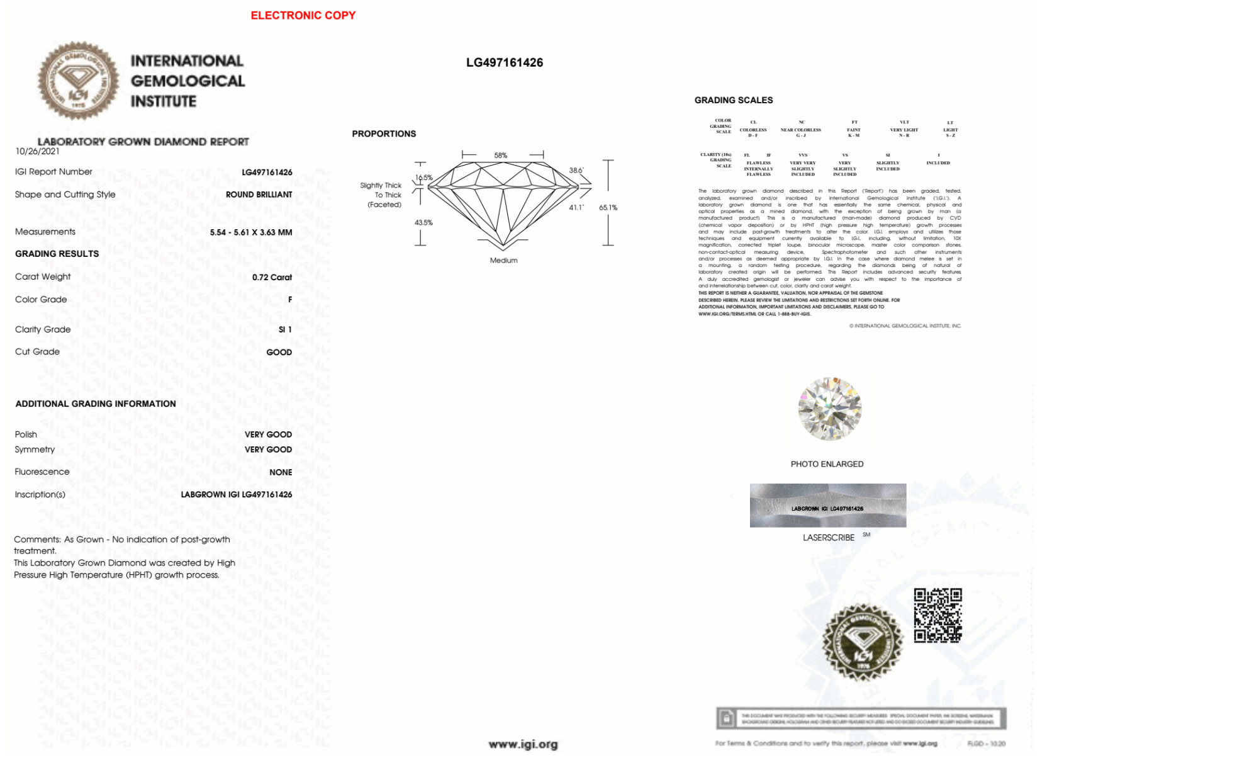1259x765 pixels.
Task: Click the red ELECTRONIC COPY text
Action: click(303, 15)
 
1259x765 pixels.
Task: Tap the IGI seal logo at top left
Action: click(78, 81)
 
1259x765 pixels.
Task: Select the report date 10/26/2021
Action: click(38, 151)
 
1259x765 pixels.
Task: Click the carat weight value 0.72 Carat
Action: click(272, 277)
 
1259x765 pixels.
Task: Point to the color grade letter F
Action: click(290, 300)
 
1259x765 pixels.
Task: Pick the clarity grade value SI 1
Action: click(285, 329)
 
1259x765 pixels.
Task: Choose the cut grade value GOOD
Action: click(279, 352)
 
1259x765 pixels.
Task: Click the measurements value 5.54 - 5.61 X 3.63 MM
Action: click(250, 232)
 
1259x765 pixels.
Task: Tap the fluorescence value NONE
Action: click(281, 472)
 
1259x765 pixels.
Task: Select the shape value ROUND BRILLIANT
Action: click(259, 195)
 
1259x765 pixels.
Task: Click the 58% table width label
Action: click(500, 156)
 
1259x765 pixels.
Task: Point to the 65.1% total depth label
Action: click(608, 207)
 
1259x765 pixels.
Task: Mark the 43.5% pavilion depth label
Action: click(423, 222)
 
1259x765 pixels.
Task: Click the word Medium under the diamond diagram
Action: click(503, 260)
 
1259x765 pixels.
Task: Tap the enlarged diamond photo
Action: click(829, 409)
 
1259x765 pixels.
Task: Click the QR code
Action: click(937, 615)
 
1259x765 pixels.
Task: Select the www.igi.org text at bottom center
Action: click(523, 744)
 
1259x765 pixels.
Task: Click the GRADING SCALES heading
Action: click(734, 100)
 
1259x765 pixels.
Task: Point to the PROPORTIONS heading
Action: click(384, 133)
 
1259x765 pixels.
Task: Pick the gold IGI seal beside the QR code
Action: click(862, 642)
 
